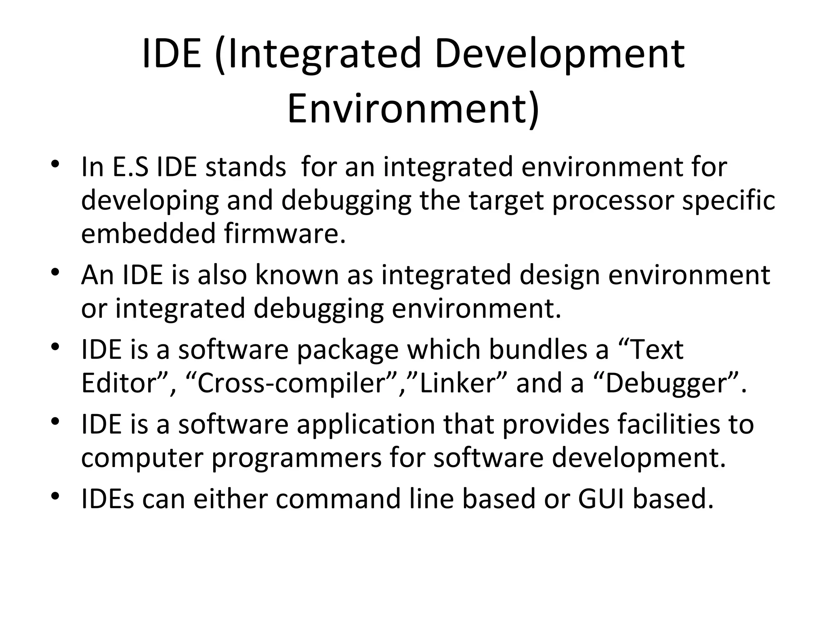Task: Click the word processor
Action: pos(613,201)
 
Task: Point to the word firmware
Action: pos(285,234)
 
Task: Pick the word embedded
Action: pos(148,234)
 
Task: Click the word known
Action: pos(297,275)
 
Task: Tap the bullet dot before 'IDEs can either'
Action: pos(55,496)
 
